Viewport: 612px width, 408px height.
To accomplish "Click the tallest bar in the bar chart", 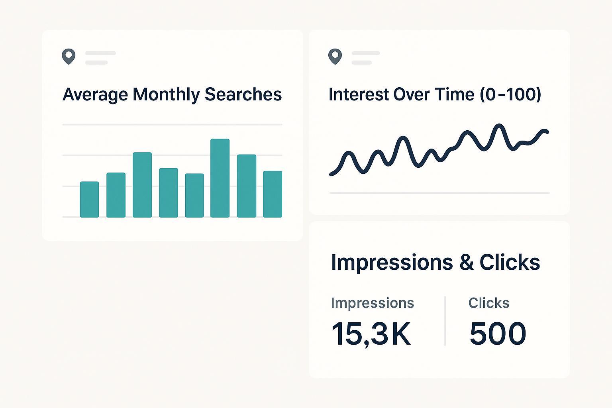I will [x=220, y=178].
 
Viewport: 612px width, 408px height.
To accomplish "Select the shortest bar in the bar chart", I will [x=89, y=200].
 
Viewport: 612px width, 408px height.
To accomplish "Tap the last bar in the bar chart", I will [x=273, y=194].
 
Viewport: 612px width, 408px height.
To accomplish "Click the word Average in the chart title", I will [x=95, y=95].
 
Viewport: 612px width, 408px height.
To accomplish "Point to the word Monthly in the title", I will [x=166, y=95].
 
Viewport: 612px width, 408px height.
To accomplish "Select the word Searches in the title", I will [x=243, y=94].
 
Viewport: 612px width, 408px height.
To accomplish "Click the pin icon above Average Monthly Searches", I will [x=69, y=57].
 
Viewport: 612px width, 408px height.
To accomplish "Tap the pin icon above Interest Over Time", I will [x=335, y=57].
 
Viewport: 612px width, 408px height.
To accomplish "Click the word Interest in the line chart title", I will [x=359, y=94].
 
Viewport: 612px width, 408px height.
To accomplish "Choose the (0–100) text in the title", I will [x=510, y=94].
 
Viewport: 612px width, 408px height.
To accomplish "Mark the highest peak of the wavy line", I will [x=498, y=126].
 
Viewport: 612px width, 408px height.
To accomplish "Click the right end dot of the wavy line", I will [x=547, y=131].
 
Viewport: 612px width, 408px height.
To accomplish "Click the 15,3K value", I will [x=371, y=334].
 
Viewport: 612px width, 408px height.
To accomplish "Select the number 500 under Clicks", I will [x=498, y=333].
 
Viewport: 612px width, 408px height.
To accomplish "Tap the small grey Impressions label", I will [x=372, y=303].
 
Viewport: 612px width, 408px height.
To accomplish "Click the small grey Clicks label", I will [x=489, y=303].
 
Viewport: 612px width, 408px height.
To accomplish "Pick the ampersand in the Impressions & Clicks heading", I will [x=466, y=263].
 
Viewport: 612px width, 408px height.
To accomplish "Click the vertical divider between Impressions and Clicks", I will [x=445, y=321].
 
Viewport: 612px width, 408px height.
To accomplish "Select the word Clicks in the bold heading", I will [x=510, y=263].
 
